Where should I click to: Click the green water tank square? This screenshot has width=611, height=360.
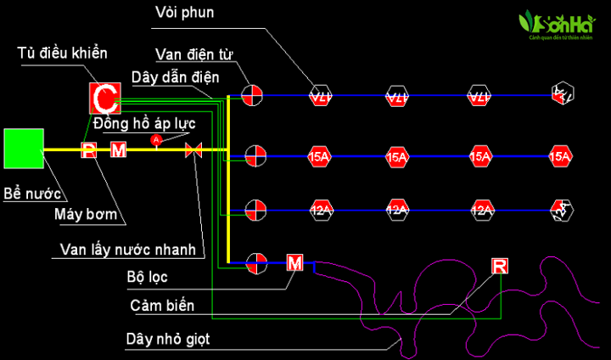coord(24,149)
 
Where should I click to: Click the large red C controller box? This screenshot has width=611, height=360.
coord(103,99)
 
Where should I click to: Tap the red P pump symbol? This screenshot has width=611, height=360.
coord(89,150)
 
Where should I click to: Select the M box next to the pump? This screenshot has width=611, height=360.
coord(118,150)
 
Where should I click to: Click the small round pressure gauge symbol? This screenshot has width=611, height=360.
coord(155,138)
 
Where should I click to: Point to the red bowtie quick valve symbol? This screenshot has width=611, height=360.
coord(193,150)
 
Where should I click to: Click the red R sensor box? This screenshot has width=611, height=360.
coord(501,267)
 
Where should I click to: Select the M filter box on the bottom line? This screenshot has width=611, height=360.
coord(294,262)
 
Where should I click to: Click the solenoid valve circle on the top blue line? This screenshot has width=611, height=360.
coord(252,96)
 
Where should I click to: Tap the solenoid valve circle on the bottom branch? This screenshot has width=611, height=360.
coord(253,263)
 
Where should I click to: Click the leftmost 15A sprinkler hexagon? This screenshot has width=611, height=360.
coord(319,156)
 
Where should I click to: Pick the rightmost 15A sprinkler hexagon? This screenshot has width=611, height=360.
coord(560,156)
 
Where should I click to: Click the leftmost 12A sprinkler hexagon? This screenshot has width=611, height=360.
coord(319,210)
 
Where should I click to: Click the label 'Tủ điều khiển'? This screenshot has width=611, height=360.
coord(63,53)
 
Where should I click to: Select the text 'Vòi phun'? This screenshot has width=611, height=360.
coord(185,12)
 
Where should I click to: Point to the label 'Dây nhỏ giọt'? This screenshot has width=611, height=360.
coord(167,339)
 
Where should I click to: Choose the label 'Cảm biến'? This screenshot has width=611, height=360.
coord(162,305)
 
